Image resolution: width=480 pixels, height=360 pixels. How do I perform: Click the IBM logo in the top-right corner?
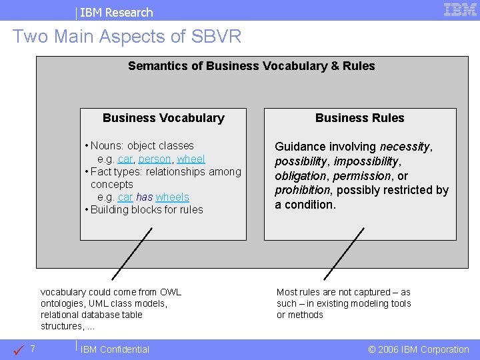pyautogui.click(x=460, y=9)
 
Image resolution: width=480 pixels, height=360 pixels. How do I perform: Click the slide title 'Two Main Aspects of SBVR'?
pyautogui.click(x=127, y=36)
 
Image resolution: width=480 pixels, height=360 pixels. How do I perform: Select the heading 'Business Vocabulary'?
pyautogui.click(x=163, y=118)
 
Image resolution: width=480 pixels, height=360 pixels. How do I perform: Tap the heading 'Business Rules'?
pyautogui.click(x=359, y=118)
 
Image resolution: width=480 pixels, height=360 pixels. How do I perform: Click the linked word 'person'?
pyautogui.click(x=155, y=159)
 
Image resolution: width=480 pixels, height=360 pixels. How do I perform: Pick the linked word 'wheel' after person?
pyautogui.click(x=191, y=159)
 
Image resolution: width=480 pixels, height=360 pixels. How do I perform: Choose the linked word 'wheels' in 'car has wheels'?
pyautogui.click(x=172, y=197)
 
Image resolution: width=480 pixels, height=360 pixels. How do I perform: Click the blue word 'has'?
pyautogui.click(x=144, y=197)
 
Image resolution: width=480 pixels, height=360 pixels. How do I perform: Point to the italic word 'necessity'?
pyautogui.click(x=405, y=147)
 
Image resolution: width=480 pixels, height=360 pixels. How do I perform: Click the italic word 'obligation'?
pyautogui.click(x=299, y=176)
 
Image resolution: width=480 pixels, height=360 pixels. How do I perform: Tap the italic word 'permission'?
pyautogui.click(x=362, y=176)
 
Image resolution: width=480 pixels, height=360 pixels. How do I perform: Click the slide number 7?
pyautogui.click(x=33, y=349)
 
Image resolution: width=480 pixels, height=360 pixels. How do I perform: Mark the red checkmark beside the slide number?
pyautogui.click(x=19, y=349)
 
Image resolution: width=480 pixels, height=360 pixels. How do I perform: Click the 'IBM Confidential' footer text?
pyautogui.click(x=115, y=349)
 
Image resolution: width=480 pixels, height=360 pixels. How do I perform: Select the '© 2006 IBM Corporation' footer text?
pyautogui.click(x=418, y=349)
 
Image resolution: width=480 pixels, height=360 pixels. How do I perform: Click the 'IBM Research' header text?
pyautogui.click(x=117, y=12)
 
